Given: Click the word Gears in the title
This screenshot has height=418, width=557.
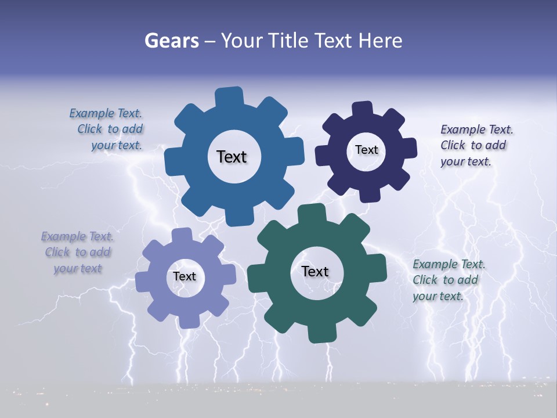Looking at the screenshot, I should [x=171, y=41].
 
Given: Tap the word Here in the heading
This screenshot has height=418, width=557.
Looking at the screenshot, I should [x=381, y=41].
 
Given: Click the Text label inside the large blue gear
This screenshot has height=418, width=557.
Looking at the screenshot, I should [x=232, y=157].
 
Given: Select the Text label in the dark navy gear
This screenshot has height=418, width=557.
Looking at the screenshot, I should [x=366, y=150].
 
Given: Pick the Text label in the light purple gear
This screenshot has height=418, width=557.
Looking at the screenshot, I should [x=185, y=276].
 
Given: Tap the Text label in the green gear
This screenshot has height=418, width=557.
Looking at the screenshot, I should [x=315, y=271].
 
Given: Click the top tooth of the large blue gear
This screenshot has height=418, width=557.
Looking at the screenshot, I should [x=229, y=96].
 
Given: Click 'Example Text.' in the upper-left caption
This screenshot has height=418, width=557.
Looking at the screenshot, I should [x=106, y=113].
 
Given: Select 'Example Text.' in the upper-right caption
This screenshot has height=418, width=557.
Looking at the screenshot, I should [x=477, y=129].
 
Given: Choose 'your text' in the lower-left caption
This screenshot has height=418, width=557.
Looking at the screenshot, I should [x=78, y=268].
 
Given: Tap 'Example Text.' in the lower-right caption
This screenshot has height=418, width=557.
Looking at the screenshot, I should [x=449, y=264].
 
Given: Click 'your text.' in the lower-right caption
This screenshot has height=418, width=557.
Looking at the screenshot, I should [x=438, y=296].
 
